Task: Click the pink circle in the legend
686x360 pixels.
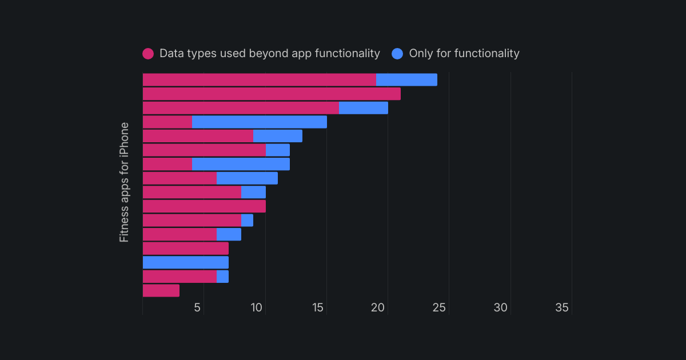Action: pyautogui.click(x=148, y=54)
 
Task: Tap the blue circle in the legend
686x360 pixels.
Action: pyautogui.click(x=397, y=54)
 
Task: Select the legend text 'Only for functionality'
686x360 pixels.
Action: pyautogui.click(x=464, y=54)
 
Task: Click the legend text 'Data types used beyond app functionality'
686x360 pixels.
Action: pyautogui.click(x=269, y=54)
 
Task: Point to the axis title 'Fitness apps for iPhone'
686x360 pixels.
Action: pyautogui.click(x=124, y=182)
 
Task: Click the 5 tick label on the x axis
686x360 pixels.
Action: pyautogui.click(x=197, y=308)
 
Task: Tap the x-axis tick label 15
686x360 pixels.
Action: pyautogui.click(x=318, y=308)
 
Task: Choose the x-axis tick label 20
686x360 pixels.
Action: pyautogui.click(x=378, y=308)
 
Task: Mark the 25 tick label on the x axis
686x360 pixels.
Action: pyautogui.click(x=440, y=308)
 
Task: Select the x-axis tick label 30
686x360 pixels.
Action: pyautogui.click(x=501, y=308)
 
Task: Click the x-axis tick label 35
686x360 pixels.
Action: pyautogui.click(x=562, y=308)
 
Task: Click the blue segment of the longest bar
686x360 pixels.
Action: pyautogui.click(x=406, y=80)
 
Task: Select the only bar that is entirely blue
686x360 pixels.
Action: pyautogui.click(x=185, y=262)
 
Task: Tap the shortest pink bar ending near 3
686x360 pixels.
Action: pyautogui.click(x=161, y=290)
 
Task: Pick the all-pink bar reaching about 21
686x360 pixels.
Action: pyautogui.click(x=272, y=94)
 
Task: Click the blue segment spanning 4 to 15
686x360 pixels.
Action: pyautogui.click(x=259, y=122)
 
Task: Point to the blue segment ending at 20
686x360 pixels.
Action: pyautogui.click(x=364, y=108)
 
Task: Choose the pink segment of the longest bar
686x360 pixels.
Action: pyautogui.click(x=259, y=80)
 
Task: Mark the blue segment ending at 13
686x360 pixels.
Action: pyautogui.click(x=278, y=136)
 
